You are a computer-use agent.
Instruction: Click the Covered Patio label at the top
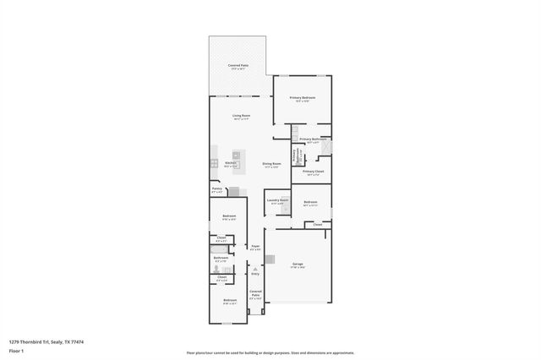(238, 66)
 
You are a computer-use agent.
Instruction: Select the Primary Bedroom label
(303, 99)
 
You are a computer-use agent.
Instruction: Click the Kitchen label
(230, 163)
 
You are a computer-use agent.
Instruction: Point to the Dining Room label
(271, 164)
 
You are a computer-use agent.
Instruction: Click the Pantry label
(217, 189)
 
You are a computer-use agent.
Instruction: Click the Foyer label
(255, 247)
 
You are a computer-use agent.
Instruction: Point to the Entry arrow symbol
(255, 268)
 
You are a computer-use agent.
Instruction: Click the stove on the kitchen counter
(213, 161)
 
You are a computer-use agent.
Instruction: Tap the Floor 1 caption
(16, 350)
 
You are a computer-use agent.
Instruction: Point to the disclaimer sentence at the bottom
(270, 353)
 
